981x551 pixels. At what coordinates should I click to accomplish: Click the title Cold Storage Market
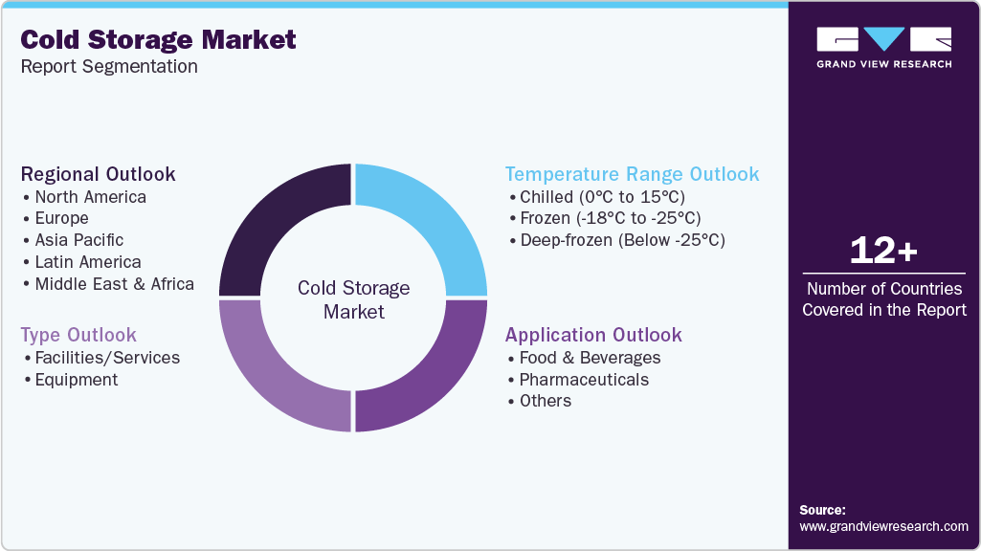(158, 40)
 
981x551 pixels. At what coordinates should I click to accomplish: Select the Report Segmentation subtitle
(109, 67)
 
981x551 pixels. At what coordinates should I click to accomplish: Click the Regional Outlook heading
(98, 174)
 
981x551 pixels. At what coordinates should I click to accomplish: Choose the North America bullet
(90, 197)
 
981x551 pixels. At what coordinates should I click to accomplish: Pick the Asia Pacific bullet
(78, 240)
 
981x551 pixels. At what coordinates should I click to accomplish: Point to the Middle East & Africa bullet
(114, 284)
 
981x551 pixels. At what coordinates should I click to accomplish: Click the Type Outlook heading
(78, 335)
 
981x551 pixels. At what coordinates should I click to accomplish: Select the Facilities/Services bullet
(107, 358)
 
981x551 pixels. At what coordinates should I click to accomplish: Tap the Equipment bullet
(77, 380)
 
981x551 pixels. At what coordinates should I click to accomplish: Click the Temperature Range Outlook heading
(632, 174)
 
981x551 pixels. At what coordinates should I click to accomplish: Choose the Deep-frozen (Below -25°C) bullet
(622, 240)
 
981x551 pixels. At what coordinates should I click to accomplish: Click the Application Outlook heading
(593, 335)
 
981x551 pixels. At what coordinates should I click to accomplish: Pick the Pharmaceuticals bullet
(584, 380)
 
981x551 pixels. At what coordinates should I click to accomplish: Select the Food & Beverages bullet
(590, 358)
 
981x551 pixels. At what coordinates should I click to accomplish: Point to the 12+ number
(883, 252)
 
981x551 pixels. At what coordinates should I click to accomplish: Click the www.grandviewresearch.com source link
(883, 526)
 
